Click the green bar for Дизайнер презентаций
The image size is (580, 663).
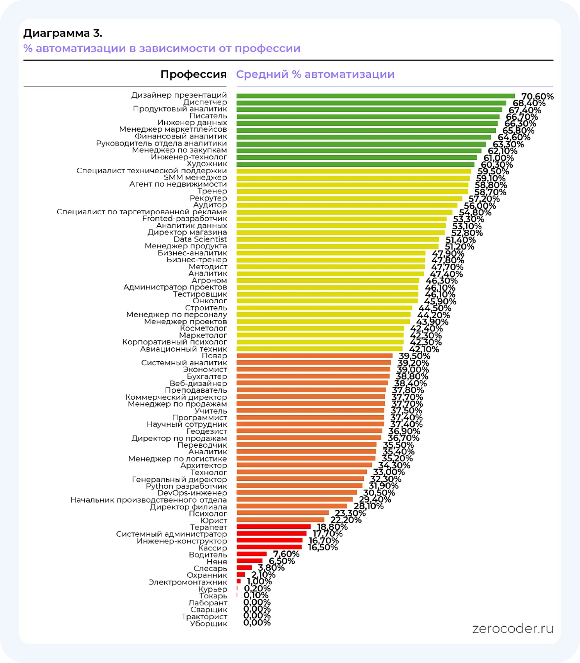pyautogui.click(x=375, y=96)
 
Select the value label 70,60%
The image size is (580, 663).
pyautogui.click(x=537, y=96)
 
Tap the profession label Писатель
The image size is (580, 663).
pyautogui.click(x=208, y=116)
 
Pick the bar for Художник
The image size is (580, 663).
pyautogui.click(x=355, y=164)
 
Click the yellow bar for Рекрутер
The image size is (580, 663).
pyautogui.click(x=349, y=198)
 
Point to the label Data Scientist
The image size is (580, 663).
pyautogui.click(x=200, y=239)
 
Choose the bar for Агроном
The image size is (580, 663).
pyautogui.click(x=328, y=280)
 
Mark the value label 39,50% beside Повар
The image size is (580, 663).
pyautogui.click(x=414, y=356)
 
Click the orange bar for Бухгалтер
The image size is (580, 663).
pyautogui.click(x=313, y=376)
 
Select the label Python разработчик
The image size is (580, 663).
pyautogui.click(x=186, y=486)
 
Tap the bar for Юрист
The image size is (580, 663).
pyautogui.click(x=280, y=520)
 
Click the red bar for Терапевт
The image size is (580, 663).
pyautogui.click(x=273, y=526)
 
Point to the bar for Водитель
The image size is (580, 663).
pyautogui.click(x=251, y=554)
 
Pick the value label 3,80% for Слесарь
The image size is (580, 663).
pyautogui.click(x=271, y=568)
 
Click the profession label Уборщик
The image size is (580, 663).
pyautogui.click(x=208, y=624)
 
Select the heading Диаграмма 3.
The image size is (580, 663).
pyautogui.click(x=63, y=33)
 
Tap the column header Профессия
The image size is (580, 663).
pyautogui.click(x=193, y=74)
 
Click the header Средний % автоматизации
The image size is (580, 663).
pyautogui.click(x=315, y=74)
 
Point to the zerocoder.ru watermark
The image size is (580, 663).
pyautogui.click(x=513, y=629)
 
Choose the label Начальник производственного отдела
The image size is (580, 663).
pyautogui.click(x=148, y=500)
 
